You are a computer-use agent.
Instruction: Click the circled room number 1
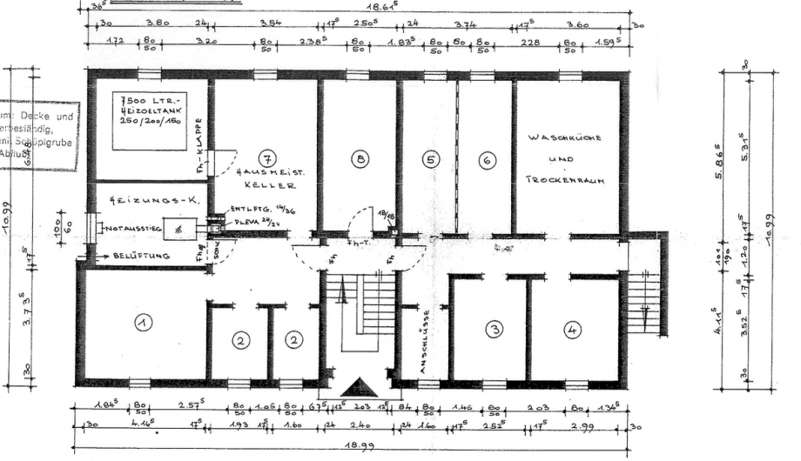(142, 322)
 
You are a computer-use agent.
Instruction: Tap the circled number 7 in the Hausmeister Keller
(266, 158)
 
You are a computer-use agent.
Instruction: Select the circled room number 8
(360, 158)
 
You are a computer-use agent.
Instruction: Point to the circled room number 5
(430, 158)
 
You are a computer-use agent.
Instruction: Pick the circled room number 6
(486, 158)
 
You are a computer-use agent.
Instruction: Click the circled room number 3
(495, 329)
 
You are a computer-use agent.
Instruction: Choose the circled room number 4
(571, 329)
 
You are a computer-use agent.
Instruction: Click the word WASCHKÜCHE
(564, 138)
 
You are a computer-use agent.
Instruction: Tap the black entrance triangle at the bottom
(360, 386)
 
